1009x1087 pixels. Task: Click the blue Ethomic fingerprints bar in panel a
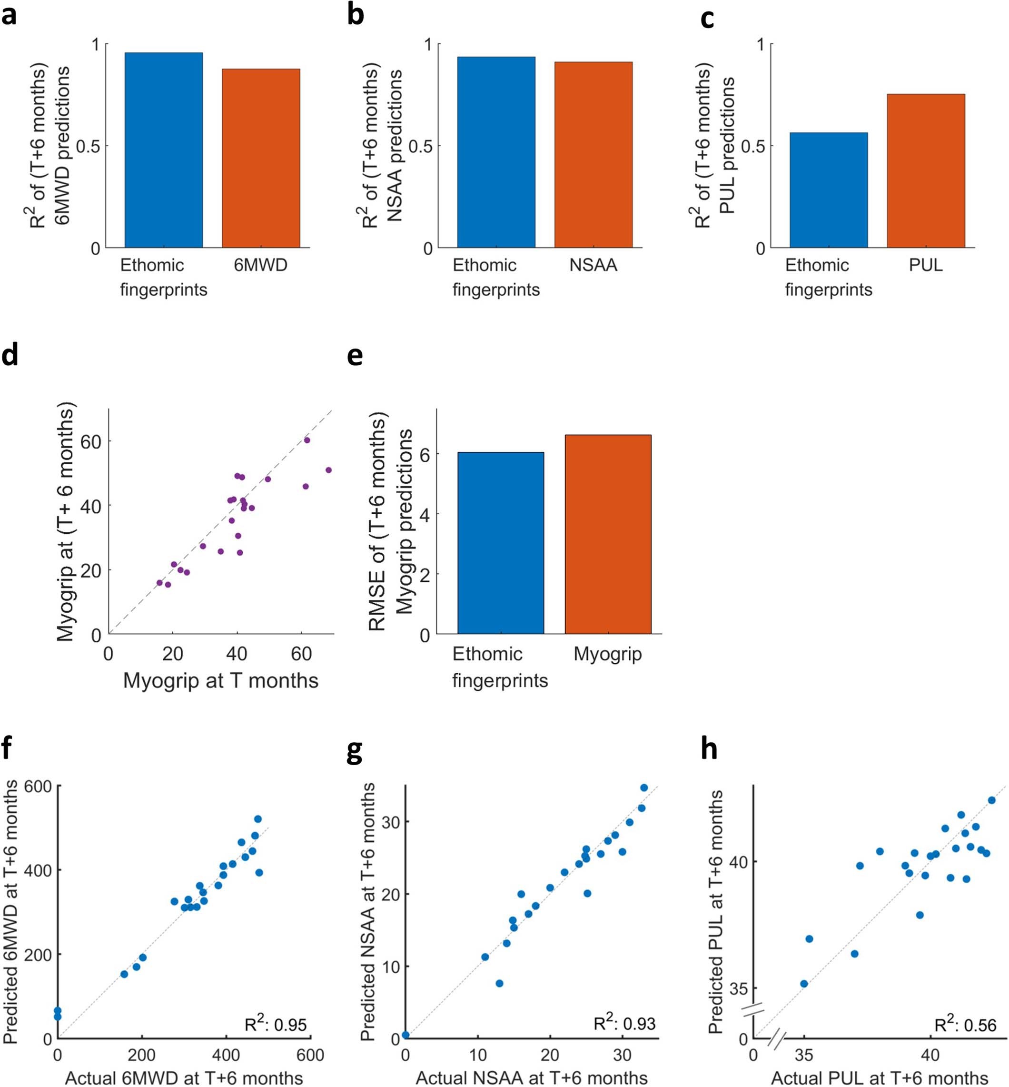163,150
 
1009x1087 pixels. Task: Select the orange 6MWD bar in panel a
260,159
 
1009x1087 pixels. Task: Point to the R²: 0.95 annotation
276,1025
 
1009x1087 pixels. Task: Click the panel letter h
709,749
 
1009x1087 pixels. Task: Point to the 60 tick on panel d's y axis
91,441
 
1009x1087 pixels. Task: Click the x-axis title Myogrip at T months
220,680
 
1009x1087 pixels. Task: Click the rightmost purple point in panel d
328,470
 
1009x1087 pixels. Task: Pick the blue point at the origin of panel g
406,1035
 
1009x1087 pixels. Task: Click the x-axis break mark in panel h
776,1039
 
